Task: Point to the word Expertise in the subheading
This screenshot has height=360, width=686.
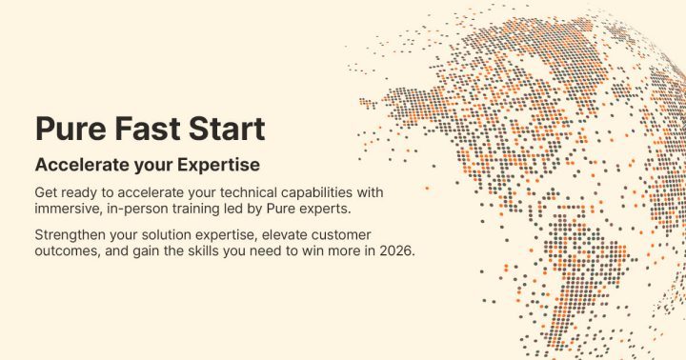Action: (212, 164)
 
